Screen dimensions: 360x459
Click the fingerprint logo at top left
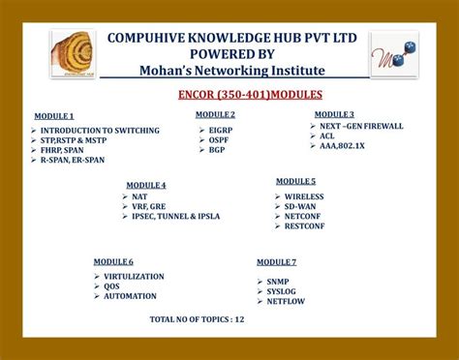75,54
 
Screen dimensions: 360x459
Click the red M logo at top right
394,54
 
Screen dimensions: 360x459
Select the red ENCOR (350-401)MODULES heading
250,94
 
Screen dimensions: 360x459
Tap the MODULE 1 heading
54,116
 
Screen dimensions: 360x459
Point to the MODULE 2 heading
215,114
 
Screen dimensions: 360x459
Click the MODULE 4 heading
146,185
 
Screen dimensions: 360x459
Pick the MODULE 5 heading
295,181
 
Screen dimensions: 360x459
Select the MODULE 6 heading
113,262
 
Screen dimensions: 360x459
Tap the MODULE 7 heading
276,262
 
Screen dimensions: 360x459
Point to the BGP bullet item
217,150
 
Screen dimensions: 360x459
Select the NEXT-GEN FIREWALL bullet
361,126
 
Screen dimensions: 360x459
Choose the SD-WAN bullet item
304,206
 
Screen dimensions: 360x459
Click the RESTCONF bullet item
307,226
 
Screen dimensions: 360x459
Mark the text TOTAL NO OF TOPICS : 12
197,318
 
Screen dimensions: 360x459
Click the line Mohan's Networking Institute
232,71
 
